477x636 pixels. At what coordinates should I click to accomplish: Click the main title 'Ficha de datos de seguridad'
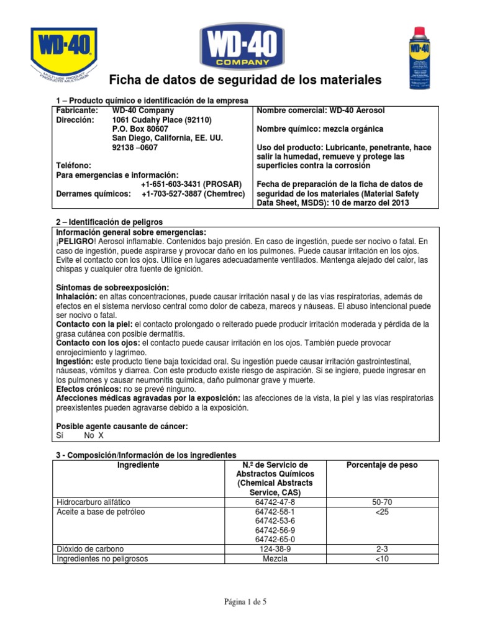(x=245, y=81)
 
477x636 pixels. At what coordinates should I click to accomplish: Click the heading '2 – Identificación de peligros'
(x=109, y=222)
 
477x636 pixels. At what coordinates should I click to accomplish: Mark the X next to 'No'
(x=101, y=435)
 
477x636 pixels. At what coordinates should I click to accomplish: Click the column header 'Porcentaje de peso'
(x=382, y=465)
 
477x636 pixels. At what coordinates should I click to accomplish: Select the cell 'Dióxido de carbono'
(x=90, y=549)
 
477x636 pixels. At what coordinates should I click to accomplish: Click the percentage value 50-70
(x=382, y=502)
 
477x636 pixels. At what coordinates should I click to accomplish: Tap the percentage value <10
(x=382, y=558)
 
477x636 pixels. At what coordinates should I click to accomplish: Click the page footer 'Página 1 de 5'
(x=238, y=602)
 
